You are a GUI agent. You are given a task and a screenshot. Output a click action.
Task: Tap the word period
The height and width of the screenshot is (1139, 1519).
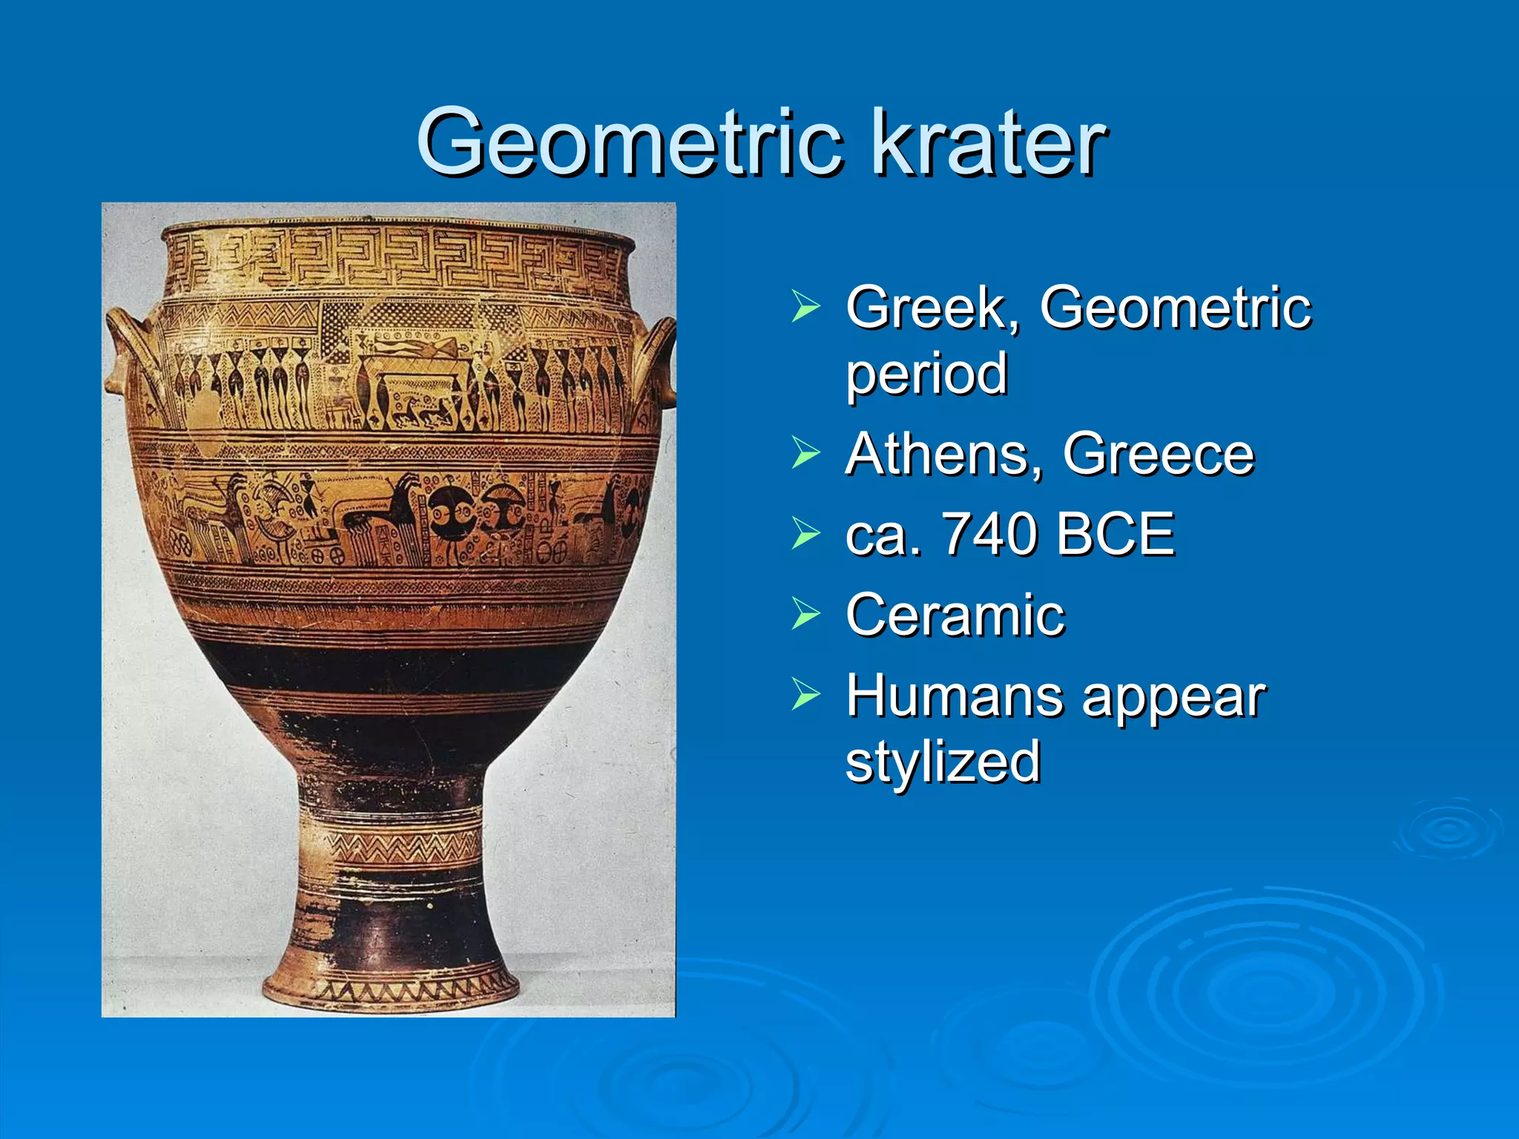tap(926, 374)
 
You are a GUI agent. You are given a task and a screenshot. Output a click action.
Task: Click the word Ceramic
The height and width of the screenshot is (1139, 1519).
tap(955, 615)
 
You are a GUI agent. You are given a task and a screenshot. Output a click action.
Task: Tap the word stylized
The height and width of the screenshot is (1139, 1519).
tap(943, 762)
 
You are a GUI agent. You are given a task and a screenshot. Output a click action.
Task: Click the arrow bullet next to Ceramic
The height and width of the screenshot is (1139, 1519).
tap(805, 614)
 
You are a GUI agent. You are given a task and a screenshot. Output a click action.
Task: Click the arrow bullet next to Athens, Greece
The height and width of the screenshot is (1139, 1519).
tap(805, 453)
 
